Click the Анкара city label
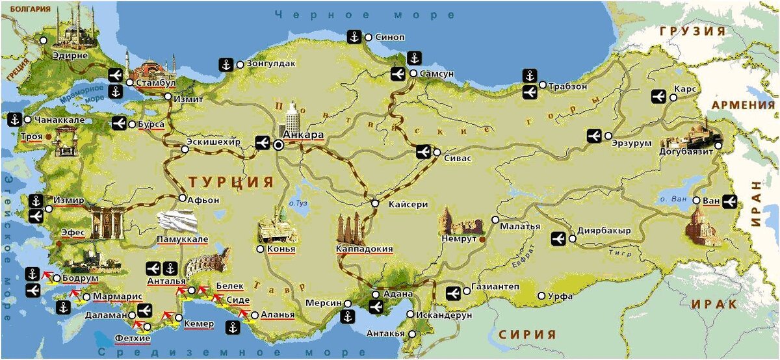click(x=304, y=135)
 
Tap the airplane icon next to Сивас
click(x=423, y=152)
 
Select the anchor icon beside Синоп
click(x=354, y=37)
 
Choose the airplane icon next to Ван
click(x=729, y=201)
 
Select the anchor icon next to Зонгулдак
click(x=226, y=64)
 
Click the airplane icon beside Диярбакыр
click(x=558, y=238)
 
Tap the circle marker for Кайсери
click(x=375, y=204)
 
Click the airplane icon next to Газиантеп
click(x=454, y=293)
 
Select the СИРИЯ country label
click(x=527, y=335)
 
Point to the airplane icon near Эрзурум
click(x=593, y=136)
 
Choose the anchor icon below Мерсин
click(x=347, y=317)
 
